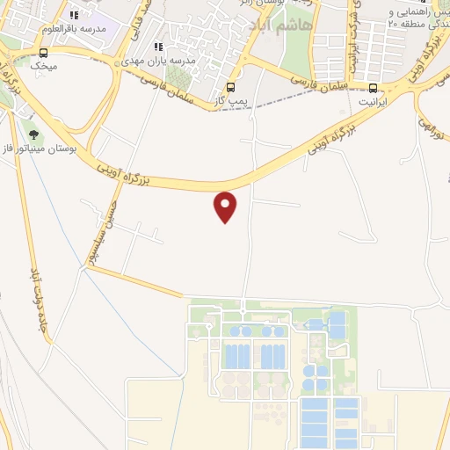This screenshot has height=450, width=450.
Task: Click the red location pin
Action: pyautogui.click(x=226, y=206)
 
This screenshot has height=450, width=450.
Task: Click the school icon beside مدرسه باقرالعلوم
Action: pyautogui.click(x=74, y=15)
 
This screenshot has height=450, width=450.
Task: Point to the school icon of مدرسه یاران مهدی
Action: pyautogui.click(x=158, y=47)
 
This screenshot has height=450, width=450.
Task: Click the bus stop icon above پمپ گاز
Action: pyautogui.click(x=230, y=87)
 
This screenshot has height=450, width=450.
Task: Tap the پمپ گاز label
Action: pyautogui.click(x=230, y=102)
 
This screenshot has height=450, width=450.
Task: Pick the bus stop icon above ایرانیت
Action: pyautogui.click(x=374, y=88)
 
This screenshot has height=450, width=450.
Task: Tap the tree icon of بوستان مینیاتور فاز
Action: pyautogui.click(x=33, y=134)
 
